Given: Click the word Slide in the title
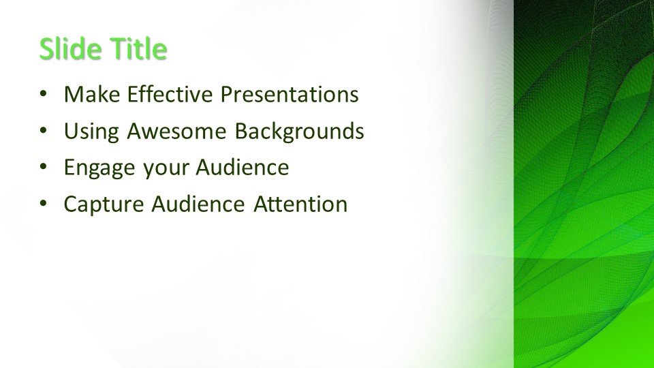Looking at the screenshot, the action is (x=71, y=48).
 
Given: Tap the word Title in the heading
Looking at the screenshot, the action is (x=138, y=48).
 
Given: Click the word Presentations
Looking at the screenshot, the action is (x=290, y=94).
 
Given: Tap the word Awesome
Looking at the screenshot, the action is (x=177, y=131).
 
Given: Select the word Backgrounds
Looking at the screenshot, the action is (x=300, y=132).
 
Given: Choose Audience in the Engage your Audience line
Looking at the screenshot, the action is (x=243, y=168).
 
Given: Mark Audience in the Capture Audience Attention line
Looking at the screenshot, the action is (x=198, y=204).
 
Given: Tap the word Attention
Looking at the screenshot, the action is (x=300, y=204).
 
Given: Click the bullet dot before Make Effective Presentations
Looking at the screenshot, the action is (x=44, y=94).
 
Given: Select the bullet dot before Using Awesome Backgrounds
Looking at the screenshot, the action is (x=44, y=131).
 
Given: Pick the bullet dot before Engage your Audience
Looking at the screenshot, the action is (x=44, y=168).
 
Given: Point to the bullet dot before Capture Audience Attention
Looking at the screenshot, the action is (x=44, y=204).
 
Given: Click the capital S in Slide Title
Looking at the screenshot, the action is (x=46, y=49).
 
